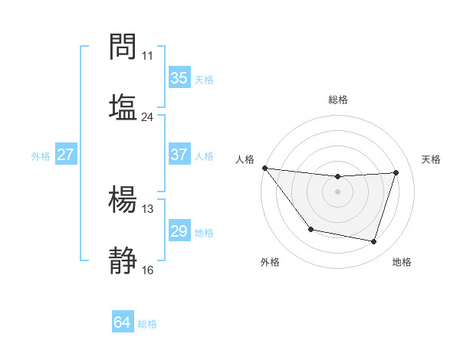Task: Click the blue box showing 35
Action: [x=179, y=78]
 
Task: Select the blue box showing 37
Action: [x=179, y=155]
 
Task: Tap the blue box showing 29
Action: [x=179, y=231]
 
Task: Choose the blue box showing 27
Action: [x=66, y=155]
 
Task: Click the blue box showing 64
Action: [x=123, y=322]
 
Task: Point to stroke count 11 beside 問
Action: [x=147, y=56]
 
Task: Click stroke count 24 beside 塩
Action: [x=147, y=117]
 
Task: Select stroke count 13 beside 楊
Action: [x=147, y=209]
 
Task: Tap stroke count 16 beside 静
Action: [x=147, y=270]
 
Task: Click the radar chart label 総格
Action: [x=338, y=100]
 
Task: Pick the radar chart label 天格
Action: [x=432, y=159]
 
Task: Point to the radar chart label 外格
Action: [x=270, y=263]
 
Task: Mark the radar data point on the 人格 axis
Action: [x=264, y=168]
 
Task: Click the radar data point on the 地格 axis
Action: [x=374, y=241]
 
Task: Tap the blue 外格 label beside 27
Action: [x=41, y=156]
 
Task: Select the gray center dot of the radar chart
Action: [x=337, y=191]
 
